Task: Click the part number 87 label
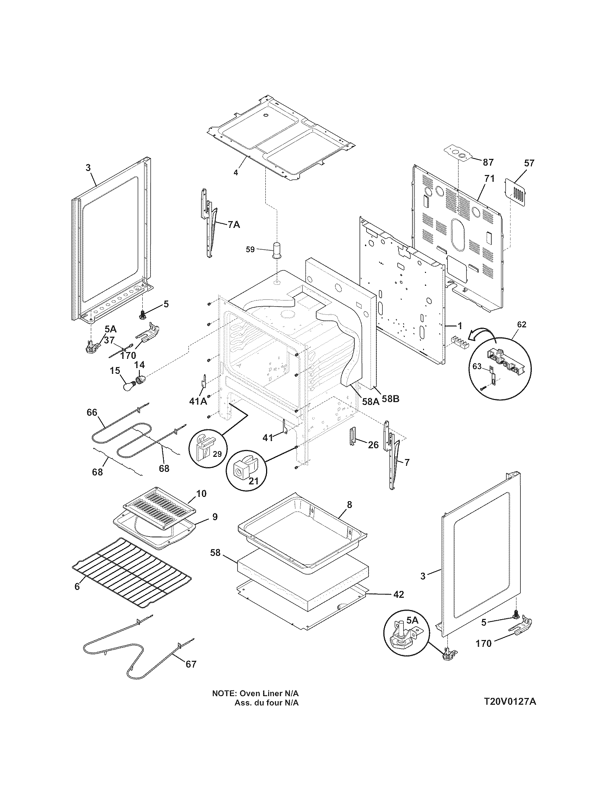(x=488, y=162)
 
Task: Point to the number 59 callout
(x=250, y=249)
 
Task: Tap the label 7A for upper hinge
(x=234, y=225)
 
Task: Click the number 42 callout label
(x=398, y=594)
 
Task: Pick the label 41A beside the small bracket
(x=198, y=401)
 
